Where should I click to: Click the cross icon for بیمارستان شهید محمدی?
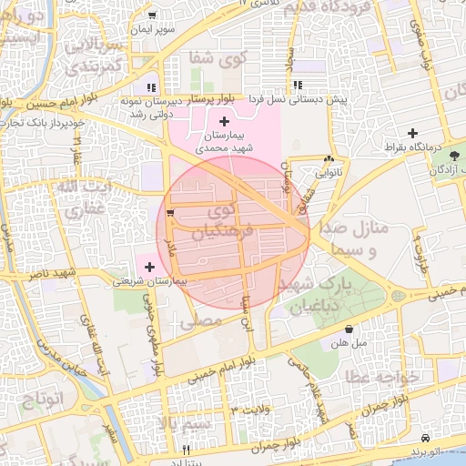click(x=225, y=121)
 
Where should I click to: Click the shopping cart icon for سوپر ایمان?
click(x=151, y=15)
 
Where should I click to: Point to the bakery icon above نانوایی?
click(x=328, y=158)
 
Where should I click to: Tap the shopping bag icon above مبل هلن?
click(x=349, y=329)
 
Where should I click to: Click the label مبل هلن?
click(x=348, y=344)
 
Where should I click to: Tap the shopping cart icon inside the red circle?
click(x=170, y=214)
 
